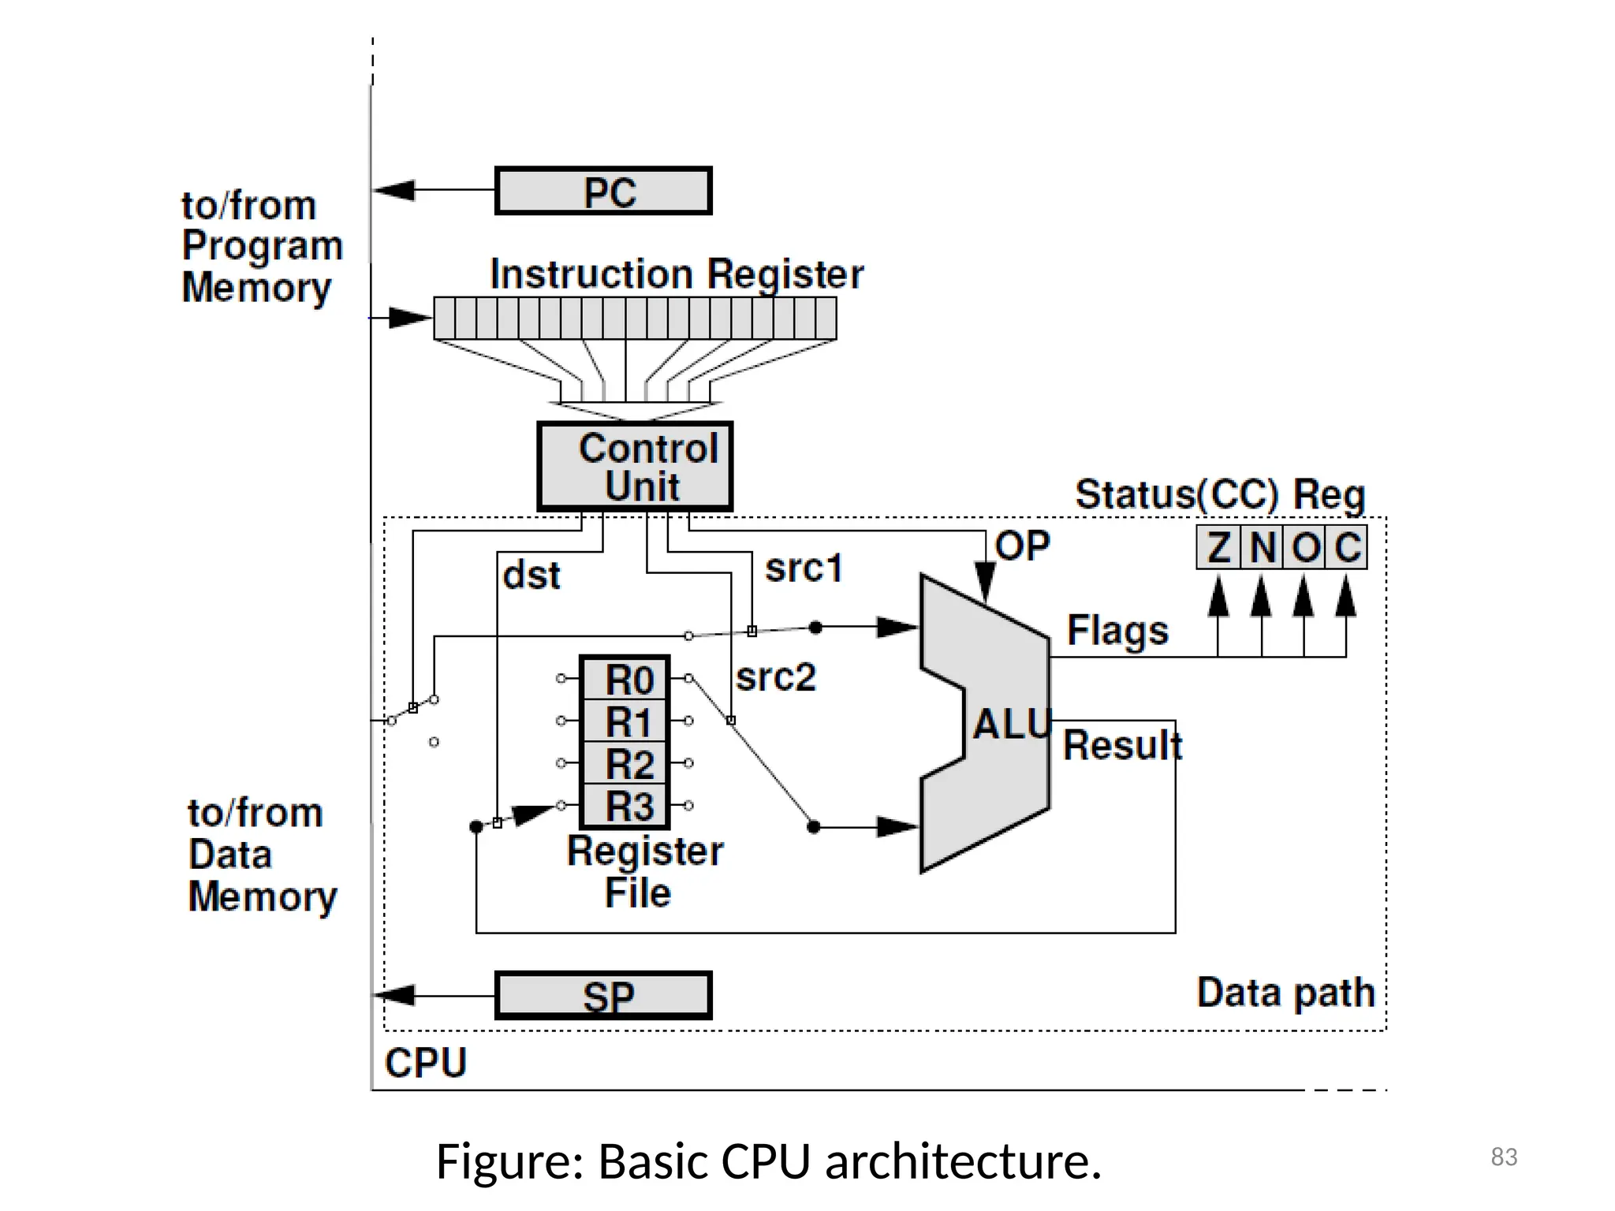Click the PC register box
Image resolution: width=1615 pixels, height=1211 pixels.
(x=603, y=191)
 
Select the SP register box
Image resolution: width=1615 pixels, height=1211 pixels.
(x=603, y=995)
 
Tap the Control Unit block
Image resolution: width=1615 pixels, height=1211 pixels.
(x=635, y=466)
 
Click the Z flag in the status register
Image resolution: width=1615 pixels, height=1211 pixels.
(x=1218, y=547)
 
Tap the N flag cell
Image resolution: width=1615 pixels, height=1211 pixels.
(x=1262, y=547)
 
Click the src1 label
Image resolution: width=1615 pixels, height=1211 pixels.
(x=804, y=568)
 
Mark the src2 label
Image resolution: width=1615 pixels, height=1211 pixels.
(x=775, y=677)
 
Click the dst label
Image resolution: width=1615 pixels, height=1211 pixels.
(x=531, y=576)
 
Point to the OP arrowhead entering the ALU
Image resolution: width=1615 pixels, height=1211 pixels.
(x=985, y=581)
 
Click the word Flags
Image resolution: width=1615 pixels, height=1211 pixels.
(x=1117, y=631)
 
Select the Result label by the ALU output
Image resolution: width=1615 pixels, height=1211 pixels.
(x=1122, y=745)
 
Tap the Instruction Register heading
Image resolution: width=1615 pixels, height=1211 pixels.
(x=676, y=274)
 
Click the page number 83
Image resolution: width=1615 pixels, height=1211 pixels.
(x=1504, y=1157)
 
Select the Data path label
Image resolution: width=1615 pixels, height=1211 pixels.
(x=1285, y=993)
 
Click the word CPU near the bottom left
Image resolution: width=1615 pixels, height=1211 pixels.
(x=426, y=1063)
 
